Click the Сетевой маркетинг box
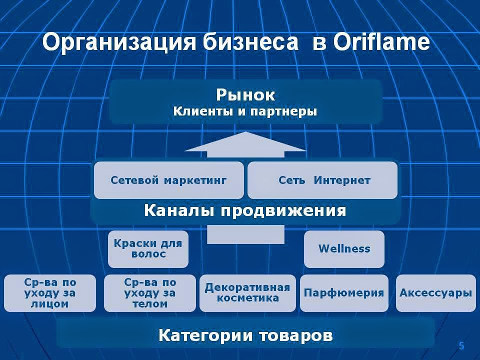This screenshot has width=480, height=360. tap(168, 180)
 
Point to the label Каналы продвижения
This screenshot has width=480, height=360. tap(245, 210)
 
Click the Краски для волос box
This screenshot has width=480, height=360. tap(148, 248)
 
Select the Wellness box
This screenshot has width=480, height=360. tap(344, 248)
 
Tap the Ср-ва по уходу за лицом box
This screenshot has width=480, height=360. tap(49, 293)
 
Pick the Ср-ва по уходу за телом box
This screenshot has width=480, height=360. tap(149, 293)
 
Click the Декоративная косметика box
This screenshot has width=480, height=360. tap(247, 293)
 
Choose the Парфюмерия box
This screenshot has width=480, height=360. tap(344, 293)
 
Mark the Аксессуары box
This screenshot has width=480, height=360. tap(435, 293)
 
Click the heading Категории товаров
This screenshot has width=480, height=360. tap(245, 335)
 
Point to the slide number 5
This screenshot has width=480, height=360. tap(461, 346)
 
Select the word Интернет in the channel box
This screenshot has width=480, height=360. tap(342, 180)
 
